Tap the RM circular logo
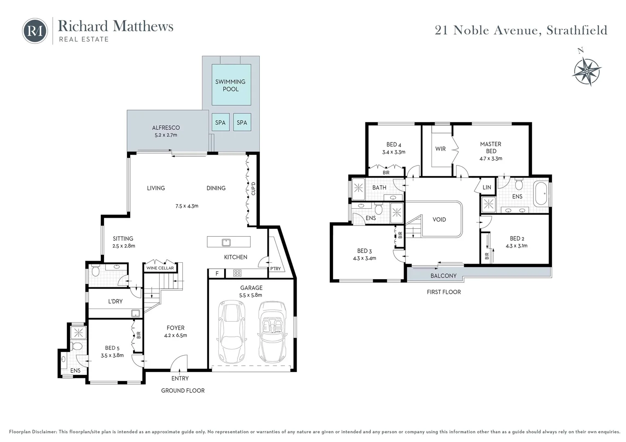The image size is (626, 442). (35, 31)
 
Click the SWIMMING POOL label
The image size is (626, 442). (230, 85)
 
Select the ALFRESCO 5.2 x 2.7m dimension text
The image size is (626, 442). (166, 135)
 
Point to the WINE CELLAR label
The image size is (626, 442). (160, 268)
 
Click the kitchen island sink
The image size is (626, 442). (226, 242)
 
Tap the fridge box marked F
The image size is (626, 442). (217, 273)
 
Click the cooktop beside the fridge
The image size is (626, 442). (237, 273)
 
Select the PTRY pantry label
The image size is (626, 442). (275, 268)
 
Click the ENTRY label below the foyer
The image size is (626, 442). (180, 378)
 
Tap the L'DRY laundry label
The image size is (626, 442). (115, 301)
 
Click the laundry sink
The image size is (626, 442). (136, 313)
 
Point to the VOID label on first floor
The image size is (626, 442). (439, 219)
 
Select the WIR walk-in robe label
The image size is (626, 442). (440, 149)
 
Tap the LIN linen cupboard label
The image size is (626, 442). (487, 187)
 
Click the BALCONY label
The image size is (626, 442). (443, 276)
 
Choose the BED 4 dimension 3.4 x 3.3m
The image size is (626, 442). (393, 152)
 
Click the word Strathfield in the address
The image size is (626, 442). (577, 30)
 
